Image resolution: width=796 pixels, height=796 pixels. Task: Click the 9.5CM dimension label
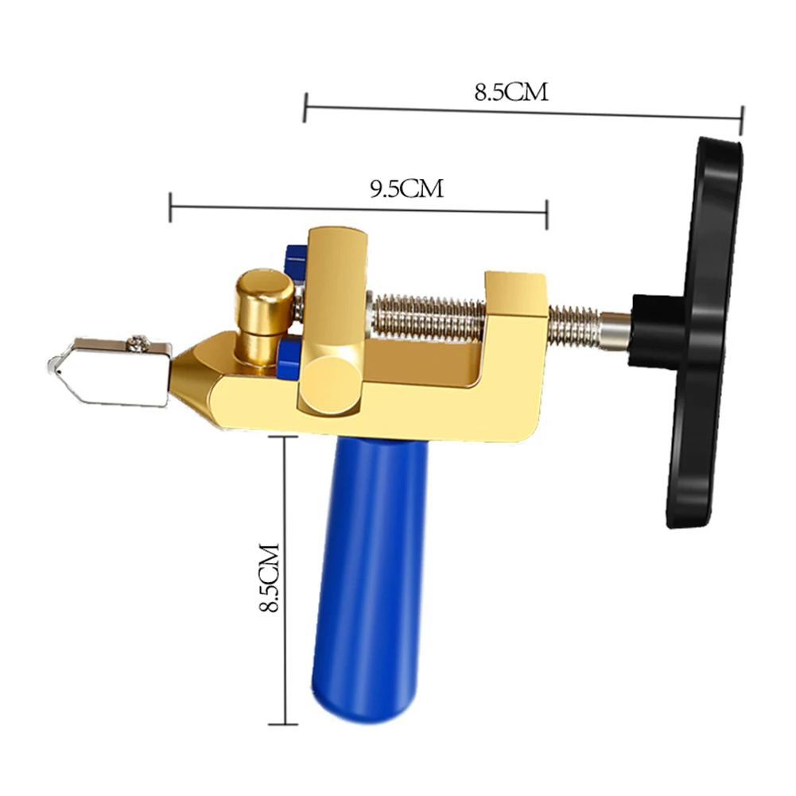(x=406, y=188)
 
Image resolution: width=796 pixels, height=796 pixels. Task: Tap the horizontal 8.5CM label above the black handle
(x=511, y=92)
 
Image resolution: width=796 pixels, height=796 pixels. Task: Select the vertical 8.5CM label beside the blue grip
(x=270, y=578)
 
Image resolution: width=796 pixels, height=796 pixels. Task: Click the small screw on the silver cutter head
(x=140, y=343)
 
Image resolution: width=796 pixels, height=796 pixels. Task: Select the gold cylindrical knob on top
(x=263, y=298)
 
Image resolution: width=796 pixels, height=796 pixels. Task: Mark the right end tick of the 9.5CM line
(x=546, y=213)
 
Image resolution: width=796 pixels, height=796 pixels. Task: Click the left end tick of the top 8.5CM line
(x=305, y=106)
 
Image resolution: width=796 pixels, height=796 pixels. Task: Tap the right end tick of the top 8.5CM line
(x=741, y=119)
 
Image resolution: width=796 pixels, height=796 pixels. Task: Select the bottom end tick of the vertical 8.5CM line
(x=285, y=724)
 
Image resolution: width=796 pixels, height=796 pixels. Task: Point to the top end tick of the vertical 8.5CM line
(x=285, y=437)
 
